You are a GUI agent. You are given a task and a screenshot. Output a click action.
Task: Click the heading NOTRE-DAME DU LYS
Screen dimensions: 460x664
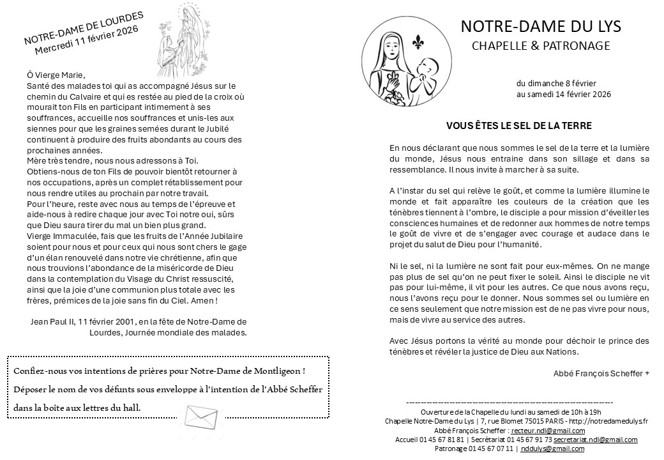click(540, 27)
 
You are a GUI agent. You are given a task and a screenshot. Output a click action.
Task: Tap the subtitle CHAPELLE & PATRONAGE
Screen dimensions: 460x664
click(541, 45)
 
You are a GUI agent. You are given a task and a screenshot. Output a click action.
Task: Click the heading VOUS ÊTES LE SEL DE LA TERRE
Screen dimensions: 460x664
click(518, 126)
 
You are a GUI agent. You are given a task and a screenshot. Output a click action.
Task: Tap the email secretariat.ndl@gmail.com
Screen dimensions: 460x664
click(596, 440)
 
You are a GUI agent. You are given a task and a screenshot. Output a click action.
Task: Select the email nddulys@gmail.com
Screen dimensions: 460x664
click(552, 448)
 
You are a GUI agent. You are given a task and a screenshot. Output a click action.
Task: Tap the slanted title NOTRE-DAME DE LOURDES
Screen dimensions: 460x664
click(84, 29)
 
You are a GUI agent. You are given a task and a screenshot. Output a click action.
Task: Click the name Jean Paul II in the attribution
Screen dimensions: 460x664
click(52, 321)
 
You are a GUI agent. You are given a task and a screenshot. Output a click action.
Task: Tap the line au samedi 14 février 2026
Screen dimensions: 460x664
click(564, 95)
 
